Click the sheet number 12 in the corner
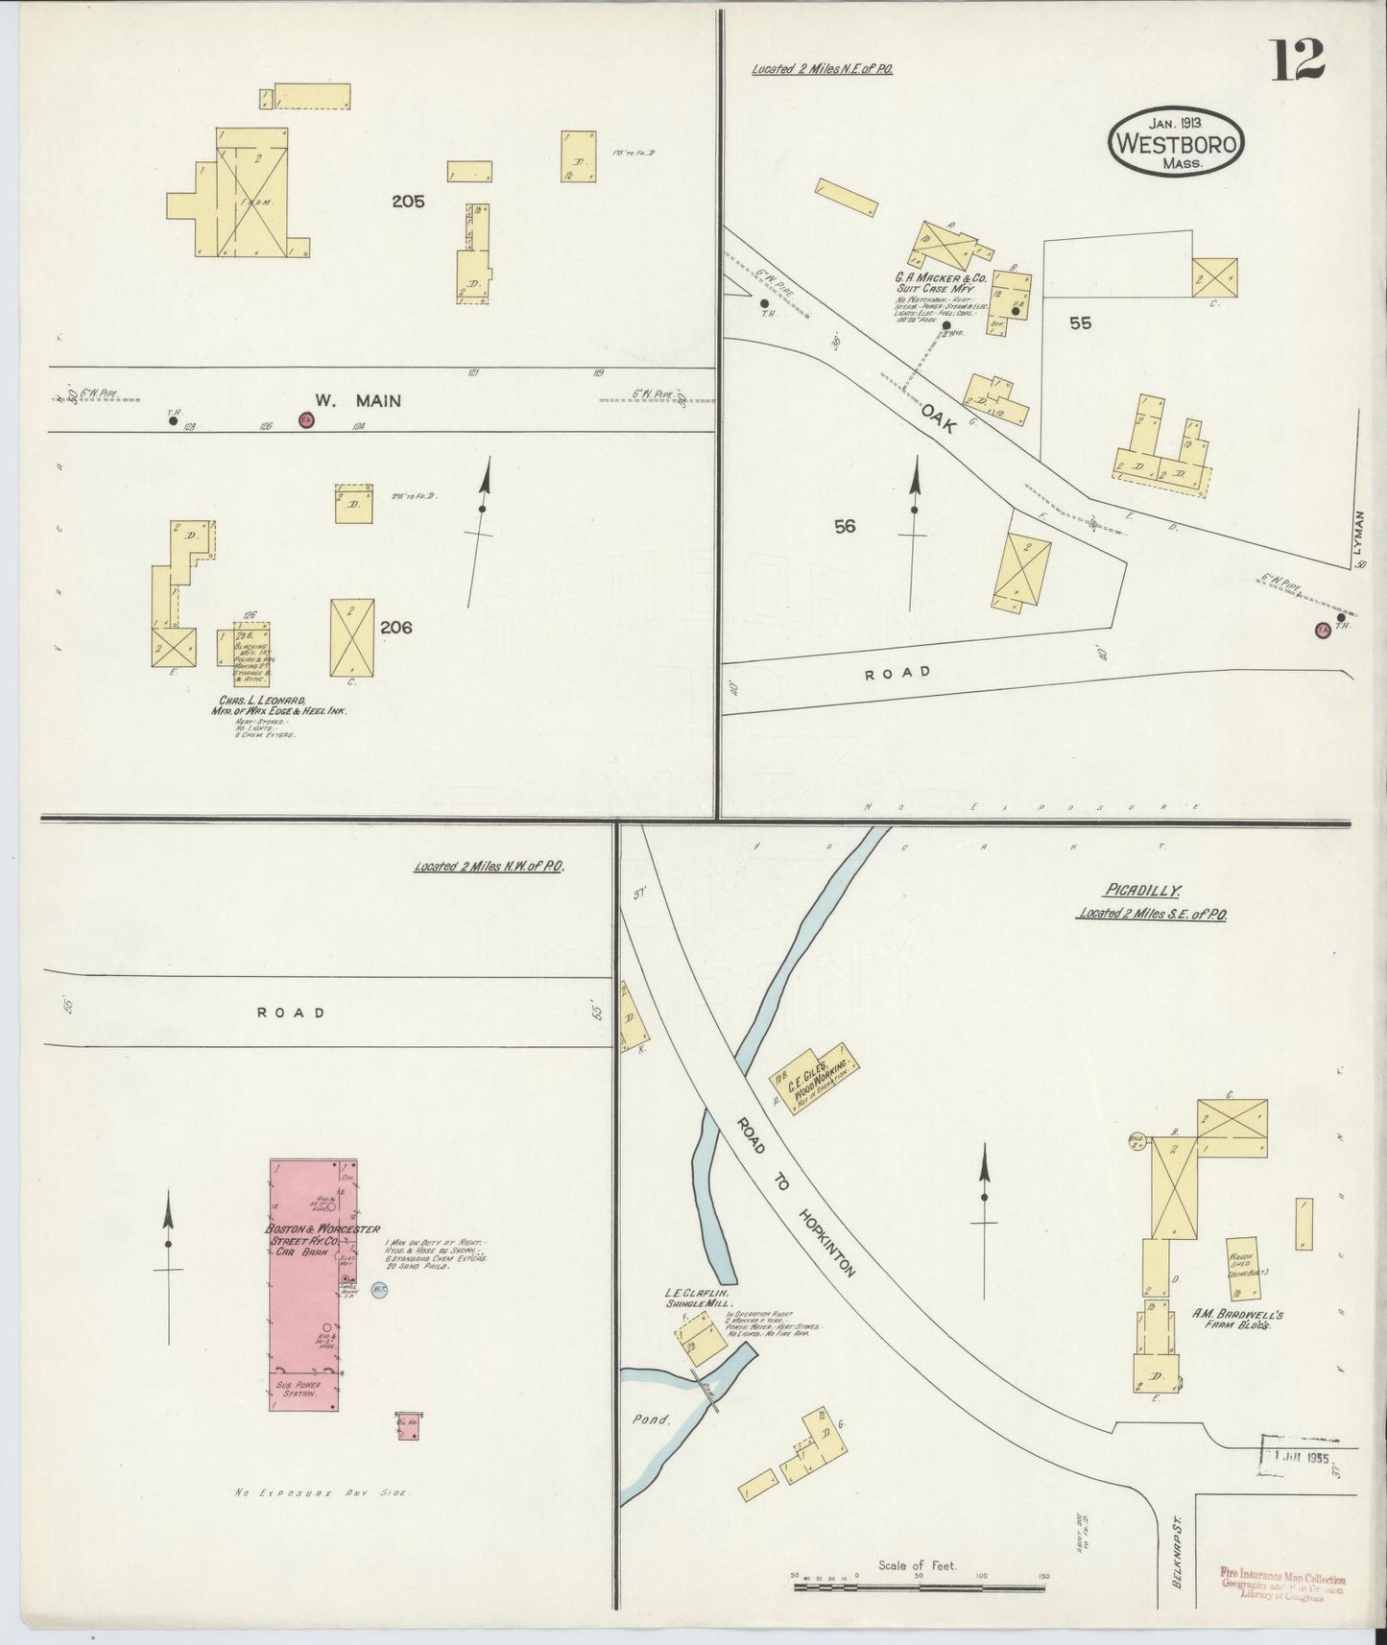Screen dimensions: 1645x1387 1299,61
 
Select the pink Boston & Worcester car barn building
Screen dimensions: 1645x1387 303,1329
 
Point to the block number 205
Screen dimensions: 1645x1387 408,202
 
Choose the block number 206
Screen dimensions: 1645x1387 395,627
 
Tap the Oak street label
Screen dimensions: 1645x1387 938,418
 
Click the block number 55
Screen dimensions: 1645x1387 1081,323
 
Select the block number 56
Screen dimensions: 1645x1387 845,526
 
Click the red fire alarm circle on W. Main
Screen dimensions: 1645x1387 306,420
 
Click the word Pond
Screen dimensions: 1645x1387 650,1419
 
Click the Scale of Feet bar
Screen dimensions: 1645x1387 919,1588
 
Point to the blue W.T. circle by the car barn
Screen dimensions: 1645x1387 379,1292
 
